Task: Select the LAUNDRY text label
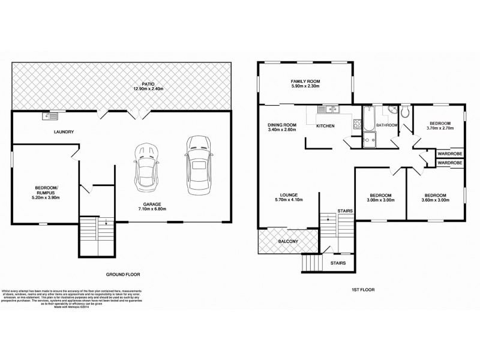62,132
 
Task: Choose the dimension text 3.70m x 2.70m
440,128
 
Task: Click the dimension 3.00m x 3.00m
380,202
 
